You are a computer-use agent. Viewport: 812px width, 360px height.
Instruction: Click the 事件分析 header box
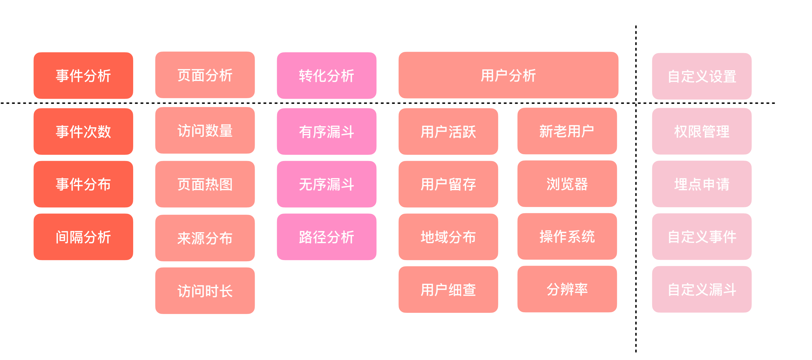click(83, 76)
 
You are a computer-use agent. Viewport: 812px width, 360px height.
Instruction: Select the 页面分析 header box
click(205, 75)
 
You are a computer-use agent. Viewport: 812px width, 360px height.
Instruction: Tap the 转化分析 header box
click(327, 76)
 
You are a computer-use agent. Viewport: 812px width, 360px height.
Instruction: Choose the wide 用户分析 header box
click(508, 75)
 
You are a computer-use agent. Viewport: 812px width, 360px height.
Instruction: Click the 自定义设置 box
click(702, 76)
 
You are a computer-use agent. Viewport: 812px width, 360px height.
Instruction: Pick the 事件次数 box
click(83, 131)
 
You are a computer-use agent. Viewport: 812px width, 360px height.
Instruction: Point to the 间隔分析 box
click(83, 237)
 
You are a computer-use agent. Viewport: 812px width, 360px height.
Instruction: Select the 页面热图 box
click(205, 184)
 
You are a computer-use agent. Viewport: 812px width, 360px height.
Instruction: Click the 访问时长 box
click(205, 291)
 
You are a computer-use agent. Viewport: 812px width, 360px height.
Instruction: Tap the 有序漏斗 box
click(327, 131)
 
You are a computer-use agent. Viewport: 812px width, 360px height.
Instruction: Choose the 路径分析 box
click(327, 237)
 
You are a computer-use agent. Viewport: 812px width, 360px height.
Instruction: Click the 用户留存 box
click(448, 184)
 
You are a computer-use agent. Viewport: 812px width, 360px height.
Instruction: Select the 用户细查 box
click(448, 289)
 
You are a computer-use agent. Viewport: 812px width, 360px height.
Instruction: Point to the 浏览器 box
click(567, 184)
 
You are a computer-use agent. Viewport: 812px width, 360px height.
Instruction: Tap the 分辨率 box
click(567, 289)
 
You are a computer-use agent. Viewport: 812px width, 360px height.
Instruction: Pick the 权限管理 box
click(702, 131)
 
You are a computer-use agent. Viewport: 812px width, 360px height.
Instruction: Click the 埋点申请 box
click(702, 184)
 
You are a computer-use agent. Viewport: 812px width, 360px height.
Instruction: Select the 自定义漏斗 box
click(702, 289)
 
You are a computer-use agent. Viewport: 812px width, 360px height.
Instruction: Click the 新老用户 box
click(567, 131)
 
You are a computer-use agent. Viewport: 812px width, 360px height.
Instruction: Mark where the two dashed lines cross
click(636, 103)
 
